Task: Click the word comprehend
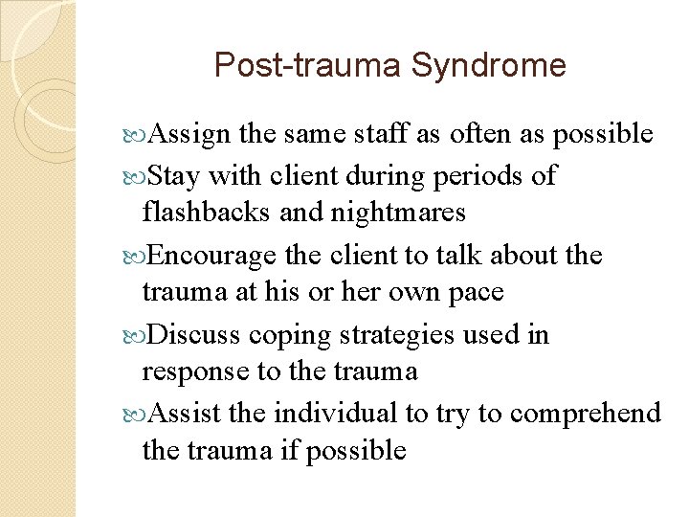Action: (585, 415)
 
